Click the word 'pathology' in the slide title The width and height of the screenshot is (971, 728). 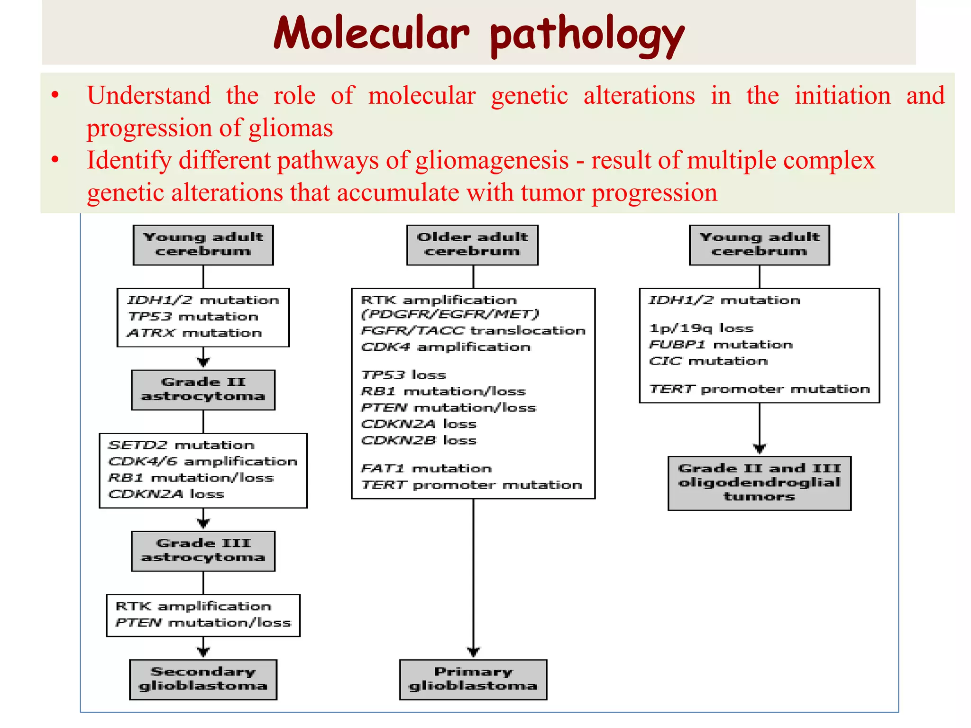[x=587, y=34]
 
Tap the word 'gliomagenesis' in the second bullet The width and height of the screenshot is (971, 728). [x=492, y=160]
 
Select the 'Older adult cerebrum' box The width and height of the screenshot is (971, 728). [x=472, y=245]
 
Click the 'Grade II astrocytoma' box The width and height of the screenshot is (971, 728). [x=203, y=390]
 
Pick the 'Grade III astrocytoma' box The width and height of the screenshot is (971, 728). [x=203, y=551]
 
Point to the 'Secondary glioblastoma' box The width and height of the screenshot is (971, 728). [x=203, y=679]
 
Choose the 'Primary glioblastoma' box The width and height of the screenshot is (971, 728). [x=473, y=679]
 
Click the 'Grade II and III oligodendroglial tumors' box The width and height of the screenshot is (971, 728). [x=759, y=483]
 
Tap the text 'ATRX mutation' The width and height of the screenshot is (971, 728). [x=194, y=333]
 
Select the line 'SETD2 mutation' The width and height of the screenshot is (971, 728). [x=182, y=445]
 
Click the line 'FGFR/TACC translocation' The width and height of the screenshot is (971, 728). [x=473, y=330]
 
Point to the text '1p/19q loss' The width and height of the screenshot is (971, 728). [x=701, y=328]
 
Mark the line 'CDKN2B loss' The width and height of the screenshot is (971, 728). [x=419, y=440]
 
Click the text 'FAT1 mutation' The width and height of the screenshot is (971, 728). [x=426, y=468]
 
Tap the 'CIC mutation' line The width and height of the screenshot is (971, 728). [x=708, y=361]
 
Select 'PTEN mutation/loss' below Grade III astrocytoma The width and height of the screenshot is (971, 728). [x=203, y=622]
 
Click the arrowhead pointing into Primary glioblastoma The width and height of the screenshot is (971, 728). [x=473, y=652]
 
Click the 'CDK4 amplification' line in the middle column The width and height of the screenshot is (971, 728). [x=445, y=347]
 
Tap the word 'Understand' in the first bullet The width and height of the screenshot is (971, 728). [x=148, y=95]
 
